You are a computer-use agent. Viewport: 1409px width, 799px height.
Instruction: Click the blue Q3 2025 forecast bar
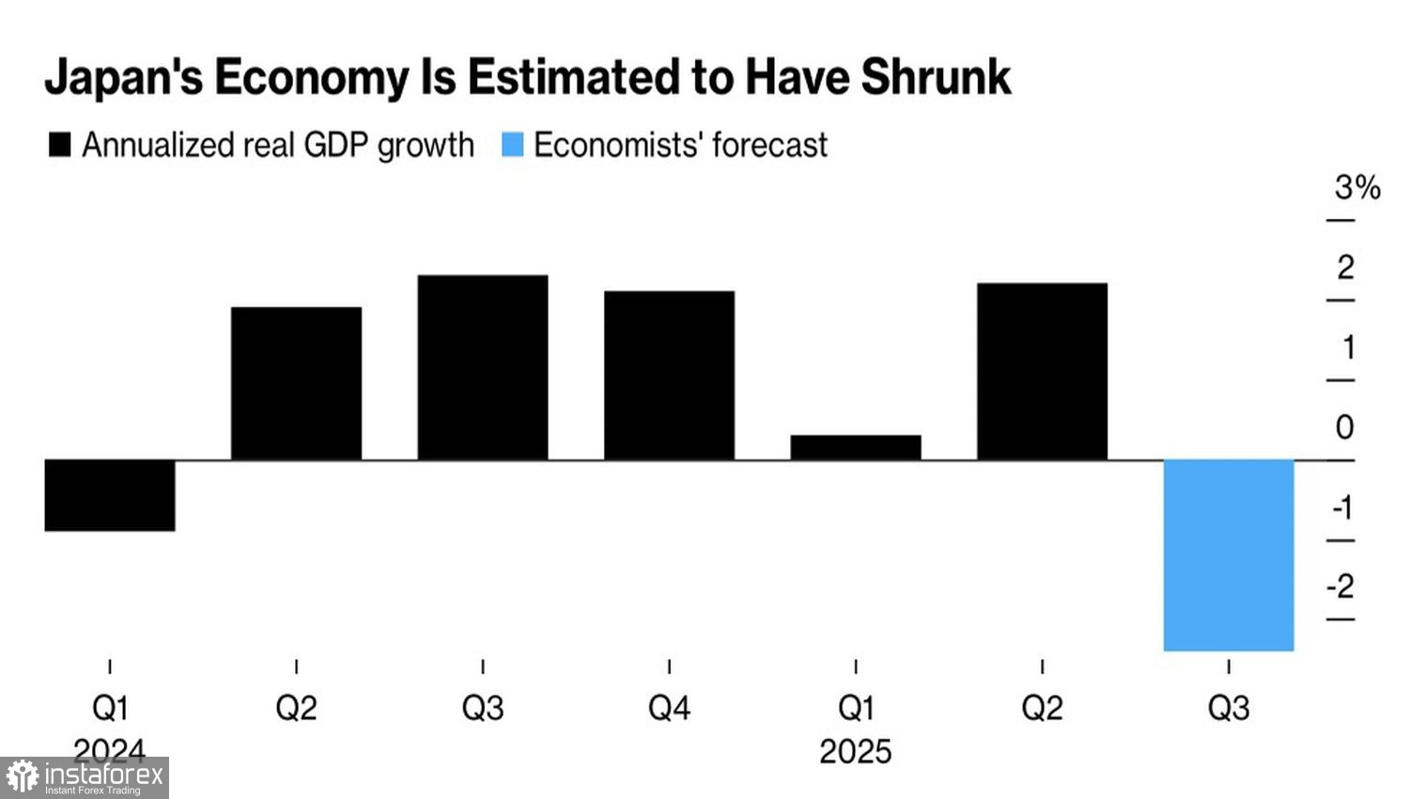coord(1229,555)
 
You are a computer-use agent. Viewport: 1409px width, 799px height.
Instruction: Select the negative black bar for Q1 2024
coord(110,495)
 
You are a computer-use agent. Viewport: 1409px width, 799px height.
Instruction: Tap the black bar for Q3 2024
coord(483,368)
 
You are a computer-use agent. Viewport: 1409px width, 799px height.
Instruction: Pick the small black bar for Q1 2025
coord(856,447)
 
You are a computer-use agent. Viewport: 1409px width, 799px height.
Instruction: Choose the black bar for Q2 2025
coord(1042,371)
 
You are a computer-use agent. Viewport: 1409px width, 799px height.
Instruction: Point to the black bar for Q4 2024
coord(669,375)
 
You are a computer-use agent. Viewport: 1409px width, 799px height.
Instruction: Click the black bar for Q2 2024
coord(296,384)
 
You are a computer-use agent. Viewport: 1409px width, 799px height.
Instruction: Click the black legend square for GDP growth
coord(59,145)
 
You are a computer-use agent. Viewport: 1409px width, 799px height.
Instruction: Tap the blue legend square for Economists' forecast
coord(512,145)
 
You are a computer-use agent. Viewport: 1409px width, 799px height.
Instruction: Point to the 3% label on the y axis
coord(1357,188)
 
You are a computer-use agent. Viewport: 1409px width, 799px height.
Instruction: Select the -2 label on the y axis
coord(1340,587)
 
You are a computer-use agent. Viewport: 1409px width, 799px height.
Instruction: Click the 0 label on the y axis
coord(1345,428)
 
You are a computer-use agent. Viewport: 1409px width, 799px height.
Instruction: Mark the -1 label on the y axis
coord(1342,508)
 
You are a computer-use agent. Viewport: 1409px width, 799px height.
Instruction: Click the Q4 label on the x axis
coord(669,708)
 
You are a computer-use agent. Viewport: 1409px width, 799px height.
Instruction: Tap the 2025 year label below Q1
coord(855,752)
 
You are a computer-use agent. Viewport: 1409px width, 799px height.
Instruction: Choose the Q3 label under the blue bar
coord(1229,708)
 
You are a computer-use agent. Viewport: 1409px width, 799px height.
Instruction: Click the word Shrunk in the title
coord(936,77)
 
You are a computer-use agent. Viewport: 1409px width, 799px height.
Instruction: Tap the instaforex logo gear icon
coord(23,777)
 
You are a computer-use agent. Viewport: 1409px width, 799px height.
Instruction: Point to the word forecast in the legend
coord(770,145)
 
